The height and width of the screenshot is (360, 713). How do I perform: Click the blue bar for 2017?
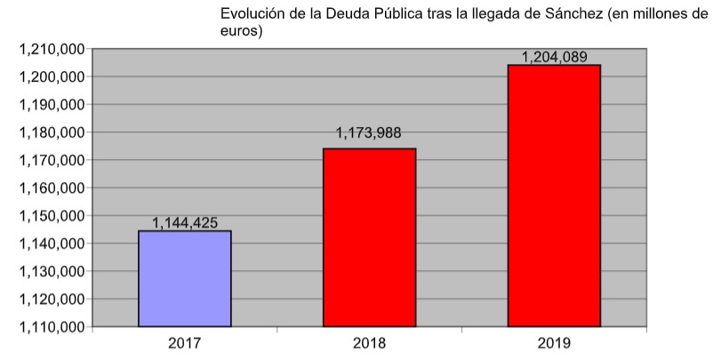pyautogui.click(x=185, y=279)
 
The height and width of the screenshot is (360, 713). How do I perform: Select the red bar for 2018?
pyautogui.click(x=369, y=237)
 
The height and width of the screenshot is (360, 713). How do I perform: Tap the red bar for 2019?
pyautogui.click(x=554, y=196)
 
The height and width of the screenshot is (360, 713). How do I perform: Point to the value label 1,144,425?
pyautogui.click(x=185, y=222)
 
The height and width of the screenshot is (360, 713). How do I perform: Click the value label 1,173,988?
pyautogui.click(x=368, y=133)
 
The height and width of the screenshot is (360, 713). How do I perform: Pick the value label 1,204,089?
pyautogui.click(x=554, y=56)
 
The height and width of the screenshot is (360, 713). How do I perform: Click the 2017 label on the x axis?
pyautogui.click(x=185, y=342)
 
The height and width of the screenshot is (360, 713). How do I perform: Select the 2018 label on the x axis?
pyautogui.click(x=369, y=342)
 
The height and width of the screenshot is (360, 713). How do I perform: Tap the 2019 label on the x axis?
pyautogui.click(x=554, y=342)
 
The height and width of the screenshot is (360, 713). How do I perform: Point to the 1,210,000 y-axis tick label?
pyautogui.click(x=52, y=49)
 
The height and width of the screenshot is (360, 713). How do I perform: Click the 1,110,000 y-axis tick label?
pyautogui.click(x=52, y=327)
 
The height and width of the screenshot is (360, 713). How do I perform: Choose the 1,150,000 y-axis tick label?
pyautogui.click(x=52, y=216)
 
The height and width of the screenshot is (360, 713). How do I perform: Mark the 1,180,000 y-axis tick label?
pyautogui.click(x=52, y=132)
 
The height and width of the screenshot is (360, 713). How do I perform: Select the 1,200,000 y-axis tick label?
pyautogui.click(x=52, y=76)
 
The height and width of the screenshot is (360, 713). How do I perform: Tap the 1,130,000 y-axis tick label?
pyautogui.click(x=52, y=271)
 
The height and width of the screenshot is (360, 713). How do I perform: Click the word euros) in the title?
pyautogui.click(x=241, y=32)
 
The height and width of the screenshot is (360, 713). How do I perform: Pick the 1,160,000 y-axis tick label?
pyautogui.click(x=52, y=188)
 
